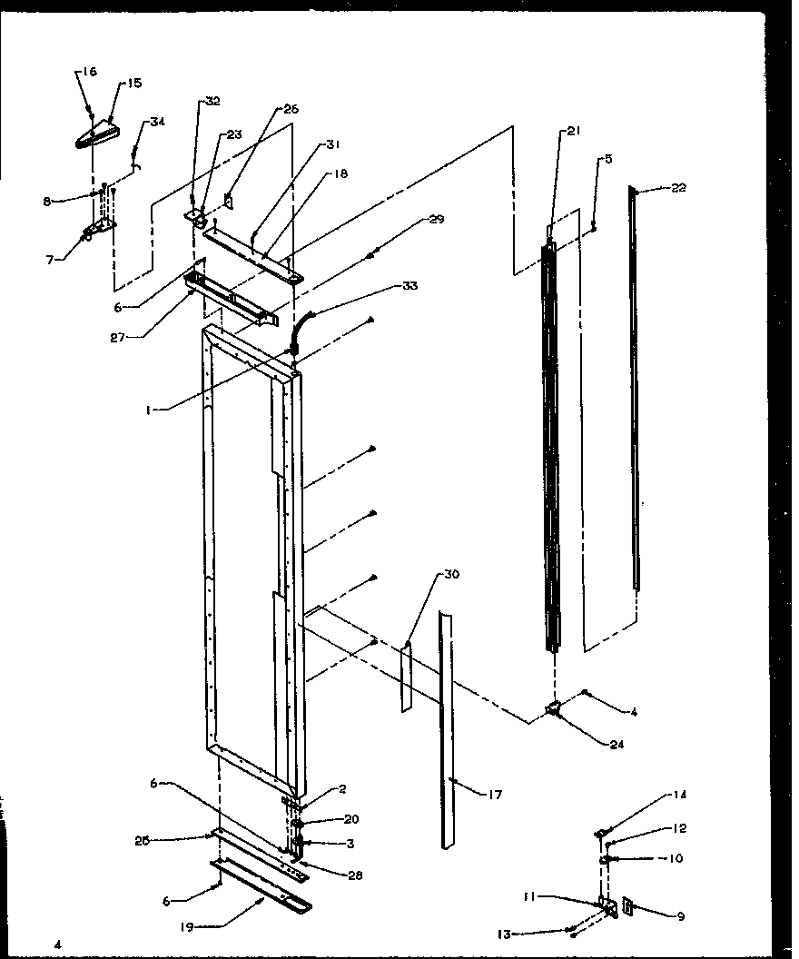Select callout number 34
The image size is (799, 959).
click(x=157, y=123)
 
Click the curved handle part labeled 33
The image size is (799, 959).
click(x=300, y=332)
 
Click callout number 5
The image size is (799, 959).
click(x=607, y=159)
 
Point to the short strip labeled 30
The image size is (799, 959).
click(x=406, y=677)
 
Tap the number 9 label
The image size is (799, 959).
click(x=680, y=916)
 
